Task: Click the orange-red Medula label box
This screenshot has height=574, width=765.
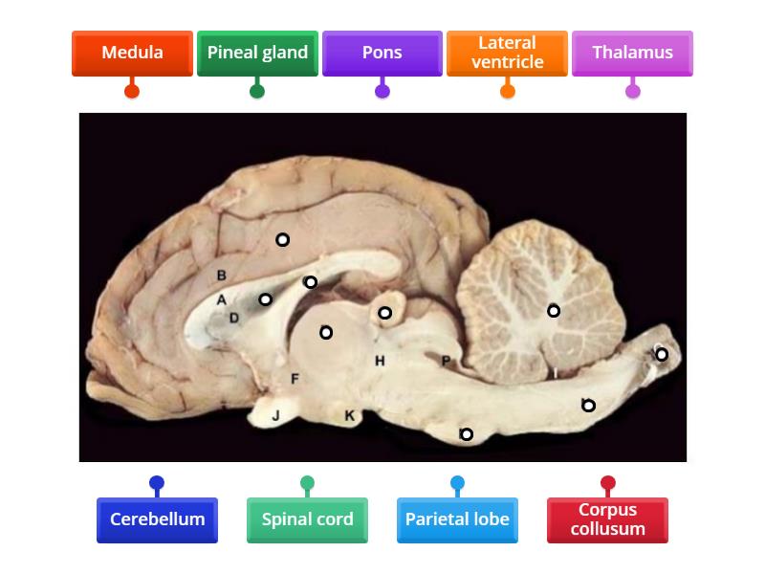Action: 132,53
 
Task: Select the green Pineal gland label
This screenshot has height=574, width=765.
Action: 257,53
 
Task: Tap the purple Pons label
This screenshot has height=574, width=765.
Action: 382,53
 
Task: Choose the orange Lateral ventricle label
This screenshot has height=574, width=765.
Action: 507,53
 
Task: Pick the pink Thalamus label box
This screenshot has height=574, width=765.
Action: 632,53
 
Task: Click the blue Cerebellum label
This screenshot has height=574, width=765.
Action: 157,519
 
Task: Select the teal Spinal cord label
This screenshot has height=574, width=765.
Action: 307,519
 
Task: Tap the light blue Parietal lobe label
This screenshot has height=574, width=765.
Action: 457,519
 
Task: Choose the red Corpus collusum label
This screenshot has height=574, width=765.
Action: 607,519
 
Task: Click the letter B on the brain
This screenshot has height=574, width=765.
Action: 221,276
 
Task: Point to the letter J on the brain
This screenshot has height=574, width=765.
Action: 275,415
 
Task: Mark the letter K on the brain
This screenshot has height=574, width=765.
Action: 350,415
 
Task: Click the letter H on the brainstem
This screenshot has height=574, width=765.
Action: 380,361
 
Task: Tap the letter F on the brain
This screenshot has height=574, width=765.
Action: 295,380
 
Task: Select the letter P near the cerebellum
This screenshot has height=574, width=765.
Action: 446,361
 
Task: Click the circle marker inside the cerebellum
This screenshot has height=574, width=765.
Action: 554,311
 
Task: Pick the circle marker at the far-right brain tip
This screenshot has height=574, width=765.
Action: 661,355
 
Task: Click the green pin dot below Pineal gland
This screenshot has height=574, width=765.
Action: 257,92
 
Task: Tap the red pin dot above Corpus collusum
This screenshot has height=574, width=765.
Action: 607,482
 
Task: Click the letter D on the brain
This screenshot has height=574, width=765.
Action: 234,318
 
